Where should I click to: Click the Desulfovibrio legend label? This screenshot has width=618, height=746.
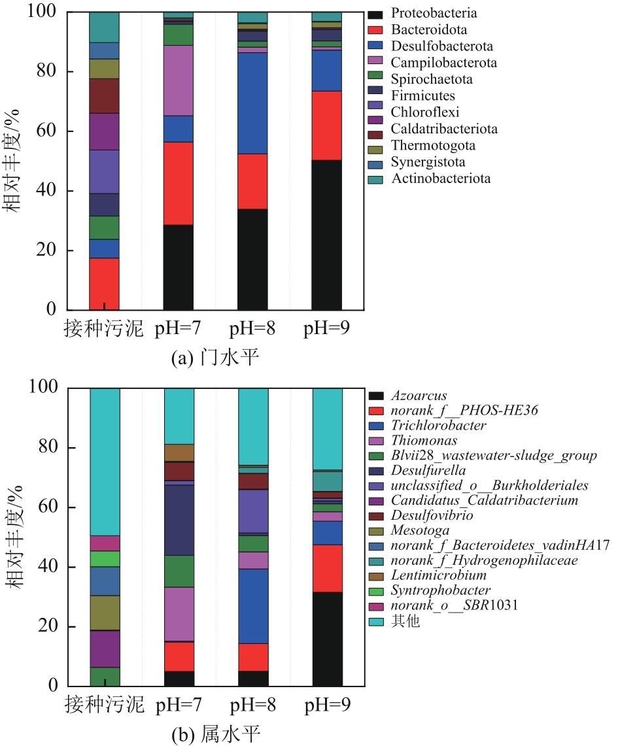[x=432, y=516]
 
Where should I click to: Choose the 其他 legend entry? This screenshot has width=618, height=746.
[x=405, y=621]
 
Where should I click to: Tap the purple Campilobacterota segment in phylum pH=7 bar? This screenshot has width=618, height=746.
[x=179, y=80]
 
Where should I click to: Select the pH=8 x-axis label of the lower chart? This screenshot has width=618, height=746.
[x=253, y=705]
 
